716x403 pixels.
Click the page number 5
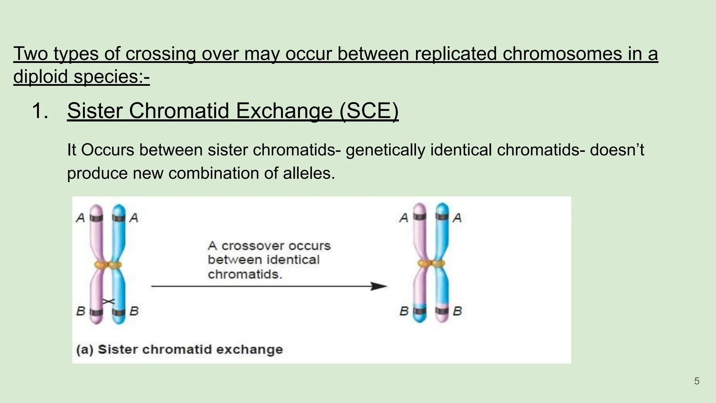(696, 381)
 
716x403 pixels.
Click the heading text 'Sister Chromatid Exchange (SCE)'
(232, 111)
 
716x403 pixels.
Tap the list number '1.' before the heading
(40, 111)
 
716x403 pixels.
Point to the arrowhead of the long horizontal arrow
(379, 286)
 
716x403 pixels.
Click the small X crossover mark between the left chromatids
(108, 301)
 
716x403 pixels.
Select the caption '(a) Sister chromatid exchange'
(179, 349)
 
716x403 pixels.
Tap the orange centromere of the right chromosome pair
(431, 263)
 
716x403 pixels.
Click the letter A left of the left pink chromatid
(80, 218)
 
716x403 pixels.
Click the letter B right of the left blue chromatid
(134, 311)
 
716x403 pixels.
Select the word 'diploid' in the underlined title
(41, 76)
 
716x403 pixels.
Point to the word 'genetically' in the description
(386, 150)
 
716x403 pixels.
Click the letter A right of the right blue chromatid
(457, 218)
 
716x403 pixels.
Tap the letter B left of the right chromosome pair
(404, 311)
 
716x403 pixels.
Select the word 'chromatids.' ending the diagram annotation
(245, 274)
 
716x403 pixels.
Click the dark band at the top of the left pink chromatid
(96, 218)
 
